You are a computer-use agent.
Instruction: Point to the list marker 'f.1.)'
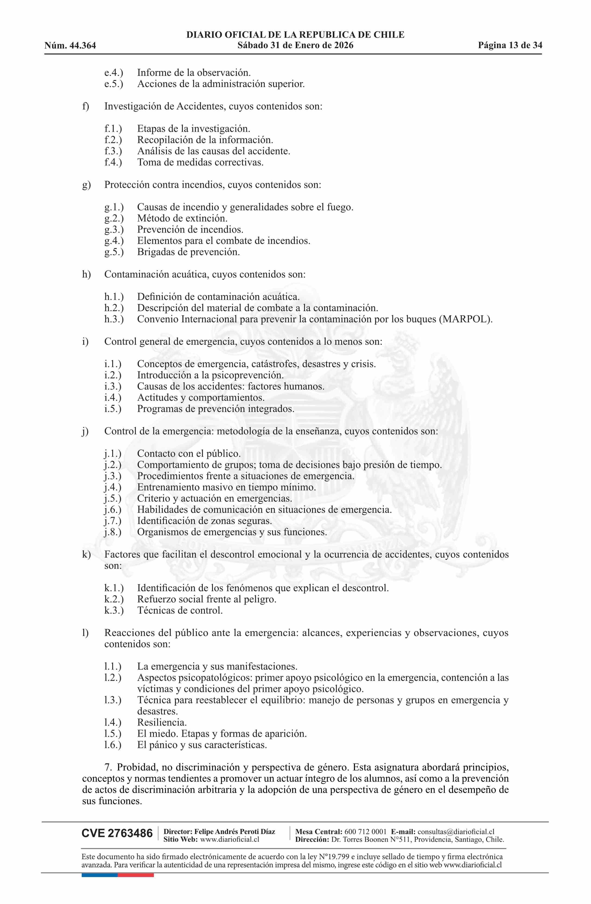click(x=113, y=129)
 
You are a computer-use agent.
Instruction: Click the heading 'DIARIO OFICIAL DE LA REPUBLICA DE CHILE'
click(x=295, y=35)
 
